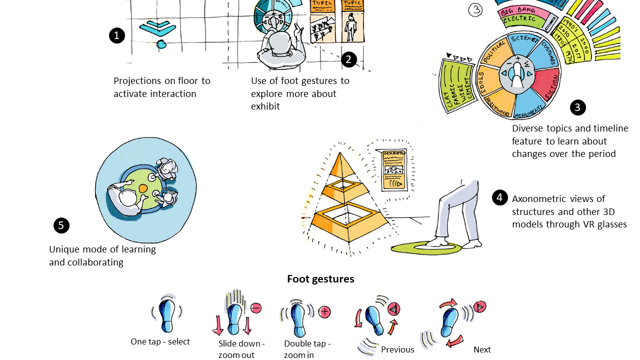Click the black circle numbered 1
(x=116, y=35)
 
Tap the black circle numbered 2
(x=348, y=59)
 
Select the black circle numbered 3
(x=577, y=107)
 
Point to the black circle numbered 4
(x=499, y=197)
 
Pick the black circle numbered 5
(x=61, y=225)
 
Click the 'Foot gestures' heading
(x=320, y=279)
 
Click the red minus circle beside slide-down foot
(x=255, y=308)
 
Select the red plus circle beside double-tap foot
(x=324, y=312)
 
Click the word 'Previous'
(x=397, y=349)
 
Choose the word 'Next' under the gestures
(x=482, y=349)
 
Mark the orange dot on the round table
(x=143, y=188)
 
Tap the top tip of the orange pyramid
(x=340, y=153)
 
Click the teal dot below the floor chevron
(x=162, y=45)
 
